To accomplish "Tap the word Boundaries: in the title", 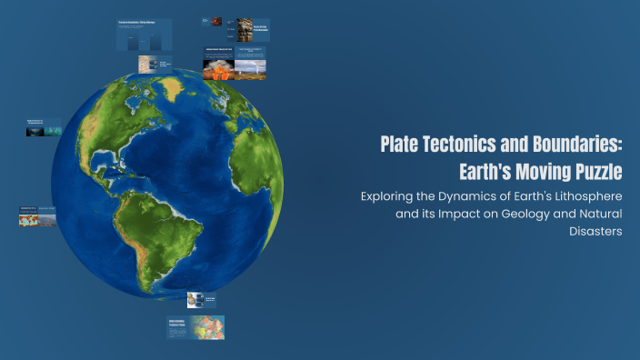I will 576,145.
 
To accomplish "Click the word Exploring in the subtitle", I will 389,196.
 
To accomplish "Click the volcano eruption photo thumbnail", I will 217,69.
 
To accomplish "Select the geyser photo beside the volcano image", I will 250,69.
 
